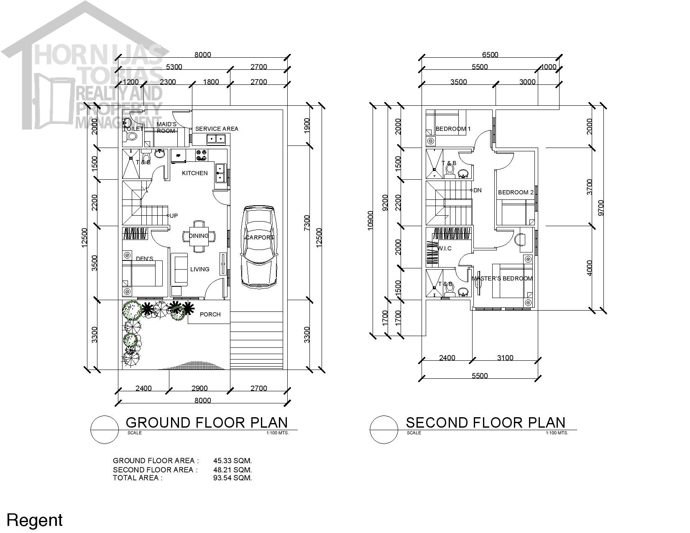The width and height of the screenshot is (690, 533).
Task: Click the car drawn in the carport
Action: click(260, 247)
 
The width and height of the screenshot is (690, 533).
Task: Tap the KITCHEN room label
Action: click(194, 173)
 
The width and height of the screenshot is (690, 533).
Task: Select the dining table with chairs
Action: click(199, 236)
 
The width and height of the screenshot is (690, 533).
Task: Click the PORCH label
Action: click(210, 314)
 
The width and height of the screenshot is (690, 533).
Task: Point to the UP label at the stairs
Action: click(174, 216)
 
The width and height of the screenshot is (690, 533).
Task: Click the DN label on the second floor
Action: click(477, 190)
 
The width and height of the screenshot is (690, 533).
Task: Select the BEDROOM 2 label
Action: click(515, 192)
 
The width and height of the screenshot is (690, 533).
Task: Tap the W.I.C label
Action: click(444, 248)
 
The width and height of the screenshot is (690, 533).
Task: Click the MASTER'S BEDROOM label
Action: click(502, 278)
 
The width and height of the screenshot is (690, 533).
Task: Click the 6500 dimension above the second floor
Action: click(490, 55)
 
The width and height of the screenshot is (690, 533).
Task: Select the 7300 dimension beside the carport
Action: click(307, 223)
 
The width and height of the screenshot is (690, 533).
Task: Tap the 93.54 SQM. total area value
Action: click(233, 478)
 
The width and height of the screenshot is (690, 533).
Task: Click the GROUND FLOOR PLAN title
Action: click(207, 422)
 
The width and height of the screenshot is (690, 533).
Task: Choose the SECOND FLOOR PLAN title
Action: click(486, 422)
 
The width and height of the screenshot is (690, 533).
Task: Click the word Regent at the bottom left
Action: click(34, 520)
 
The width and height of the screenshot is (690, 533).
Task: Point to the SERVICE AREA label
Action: click(217, 129)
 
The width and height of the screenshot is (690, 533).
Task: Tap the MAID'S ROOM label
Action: click(166, 128)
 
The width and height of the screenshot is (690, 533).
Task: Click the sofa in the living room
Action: click(181, 270)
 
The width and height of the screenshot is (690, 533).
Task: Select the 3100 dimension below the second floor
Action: click(505, 358)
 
